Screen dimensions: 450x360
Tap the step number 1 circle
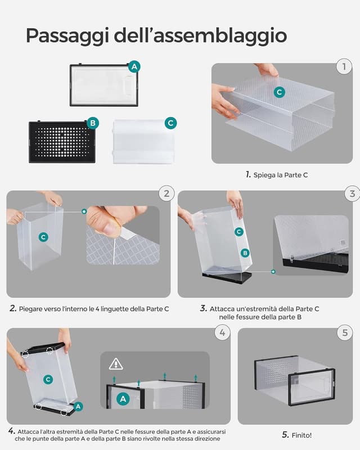pyautogui.click(x=344, y=67)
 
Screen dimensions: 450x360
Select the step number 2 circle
pyautogui.click(x=166, y=194)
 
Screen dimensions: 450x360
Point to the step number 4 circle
pyautogui.click(x=222, y=332)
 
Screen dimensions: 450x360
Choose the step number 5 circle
pyautogui.click(x=345, y=332)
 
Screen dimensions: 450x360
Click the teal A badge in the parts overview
pyautogui.click(x=134, y=66)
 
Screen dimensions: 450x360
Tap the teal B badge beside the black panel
pyautogui.click(x=93, y=123)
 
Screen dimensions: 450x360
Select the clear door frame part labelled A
pyautogui.click(x=103, y=85)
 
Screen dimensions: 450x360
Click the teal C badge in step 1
pyautogui.click(x=280, y=92)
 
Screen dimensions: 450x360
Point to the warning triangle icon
pyautogui.click(x=116, y=363)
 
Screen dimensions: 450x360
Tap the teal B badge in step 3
pyautogui.click(x=245, y=253)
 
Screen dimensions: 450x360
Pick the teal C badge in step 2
pyautogui.click(x=43, y=237)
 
